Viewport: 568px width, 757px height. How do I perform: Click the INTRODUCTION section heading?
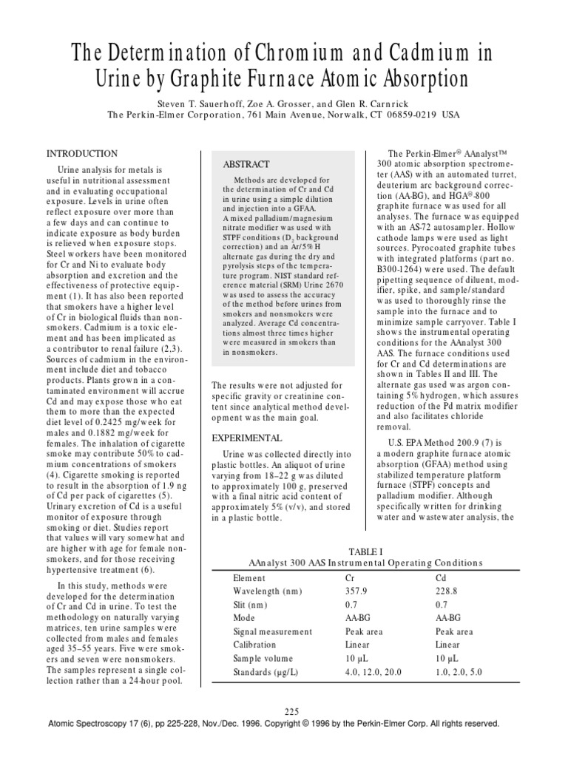[82, 154]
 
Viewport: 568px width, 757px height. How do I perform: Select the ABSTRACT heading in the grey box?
[247, 164]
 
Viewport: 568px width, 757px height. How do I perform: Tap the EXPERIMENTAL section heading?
[247, 438]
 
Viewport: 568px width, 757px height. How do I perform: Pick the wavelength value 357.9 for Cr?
[356, 591]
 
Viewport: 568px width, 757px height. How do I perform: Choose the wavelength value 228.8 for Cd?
[447, 591]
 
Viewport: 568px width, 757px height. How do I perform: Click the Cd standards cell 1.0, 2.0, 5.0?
[459, 671]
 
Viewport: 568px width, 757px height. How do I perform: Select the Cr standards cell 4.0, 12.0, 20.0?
[373, 671]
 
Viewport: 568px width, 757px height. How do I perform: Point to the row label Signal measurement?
[272, 631]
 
